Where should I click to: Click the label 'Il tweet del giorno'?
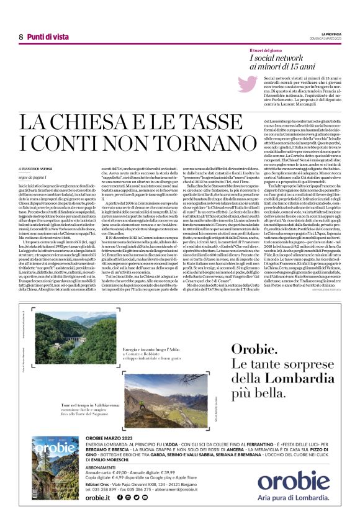(x=267, y=50)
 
